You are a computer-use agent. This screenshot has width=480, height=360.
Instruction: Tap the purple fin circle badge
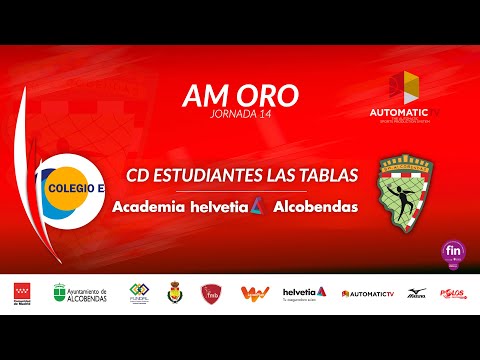point(453,252)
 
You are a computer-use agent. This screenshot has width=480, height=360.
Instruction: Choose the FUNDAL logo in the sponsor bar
point(139,292)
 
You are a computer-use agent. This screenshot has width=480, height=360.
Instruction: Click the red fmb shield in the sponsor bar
point(211,292)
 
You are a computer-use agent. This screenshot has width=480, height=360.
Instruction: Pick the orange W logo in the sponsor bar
point(254,292)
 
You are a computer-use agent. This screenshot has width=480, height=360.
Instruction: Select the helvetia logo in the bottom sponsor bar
point(305,292)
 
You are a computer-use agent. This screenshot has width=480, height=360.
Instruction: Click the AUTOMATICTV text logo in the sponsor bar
point(368,293)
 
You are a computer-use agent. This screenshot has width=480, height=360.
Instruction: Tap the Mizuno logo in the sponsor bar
point(415,292)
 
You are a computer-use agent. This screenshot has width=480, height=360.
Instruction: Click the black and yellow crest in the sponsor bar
point(173,292)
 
